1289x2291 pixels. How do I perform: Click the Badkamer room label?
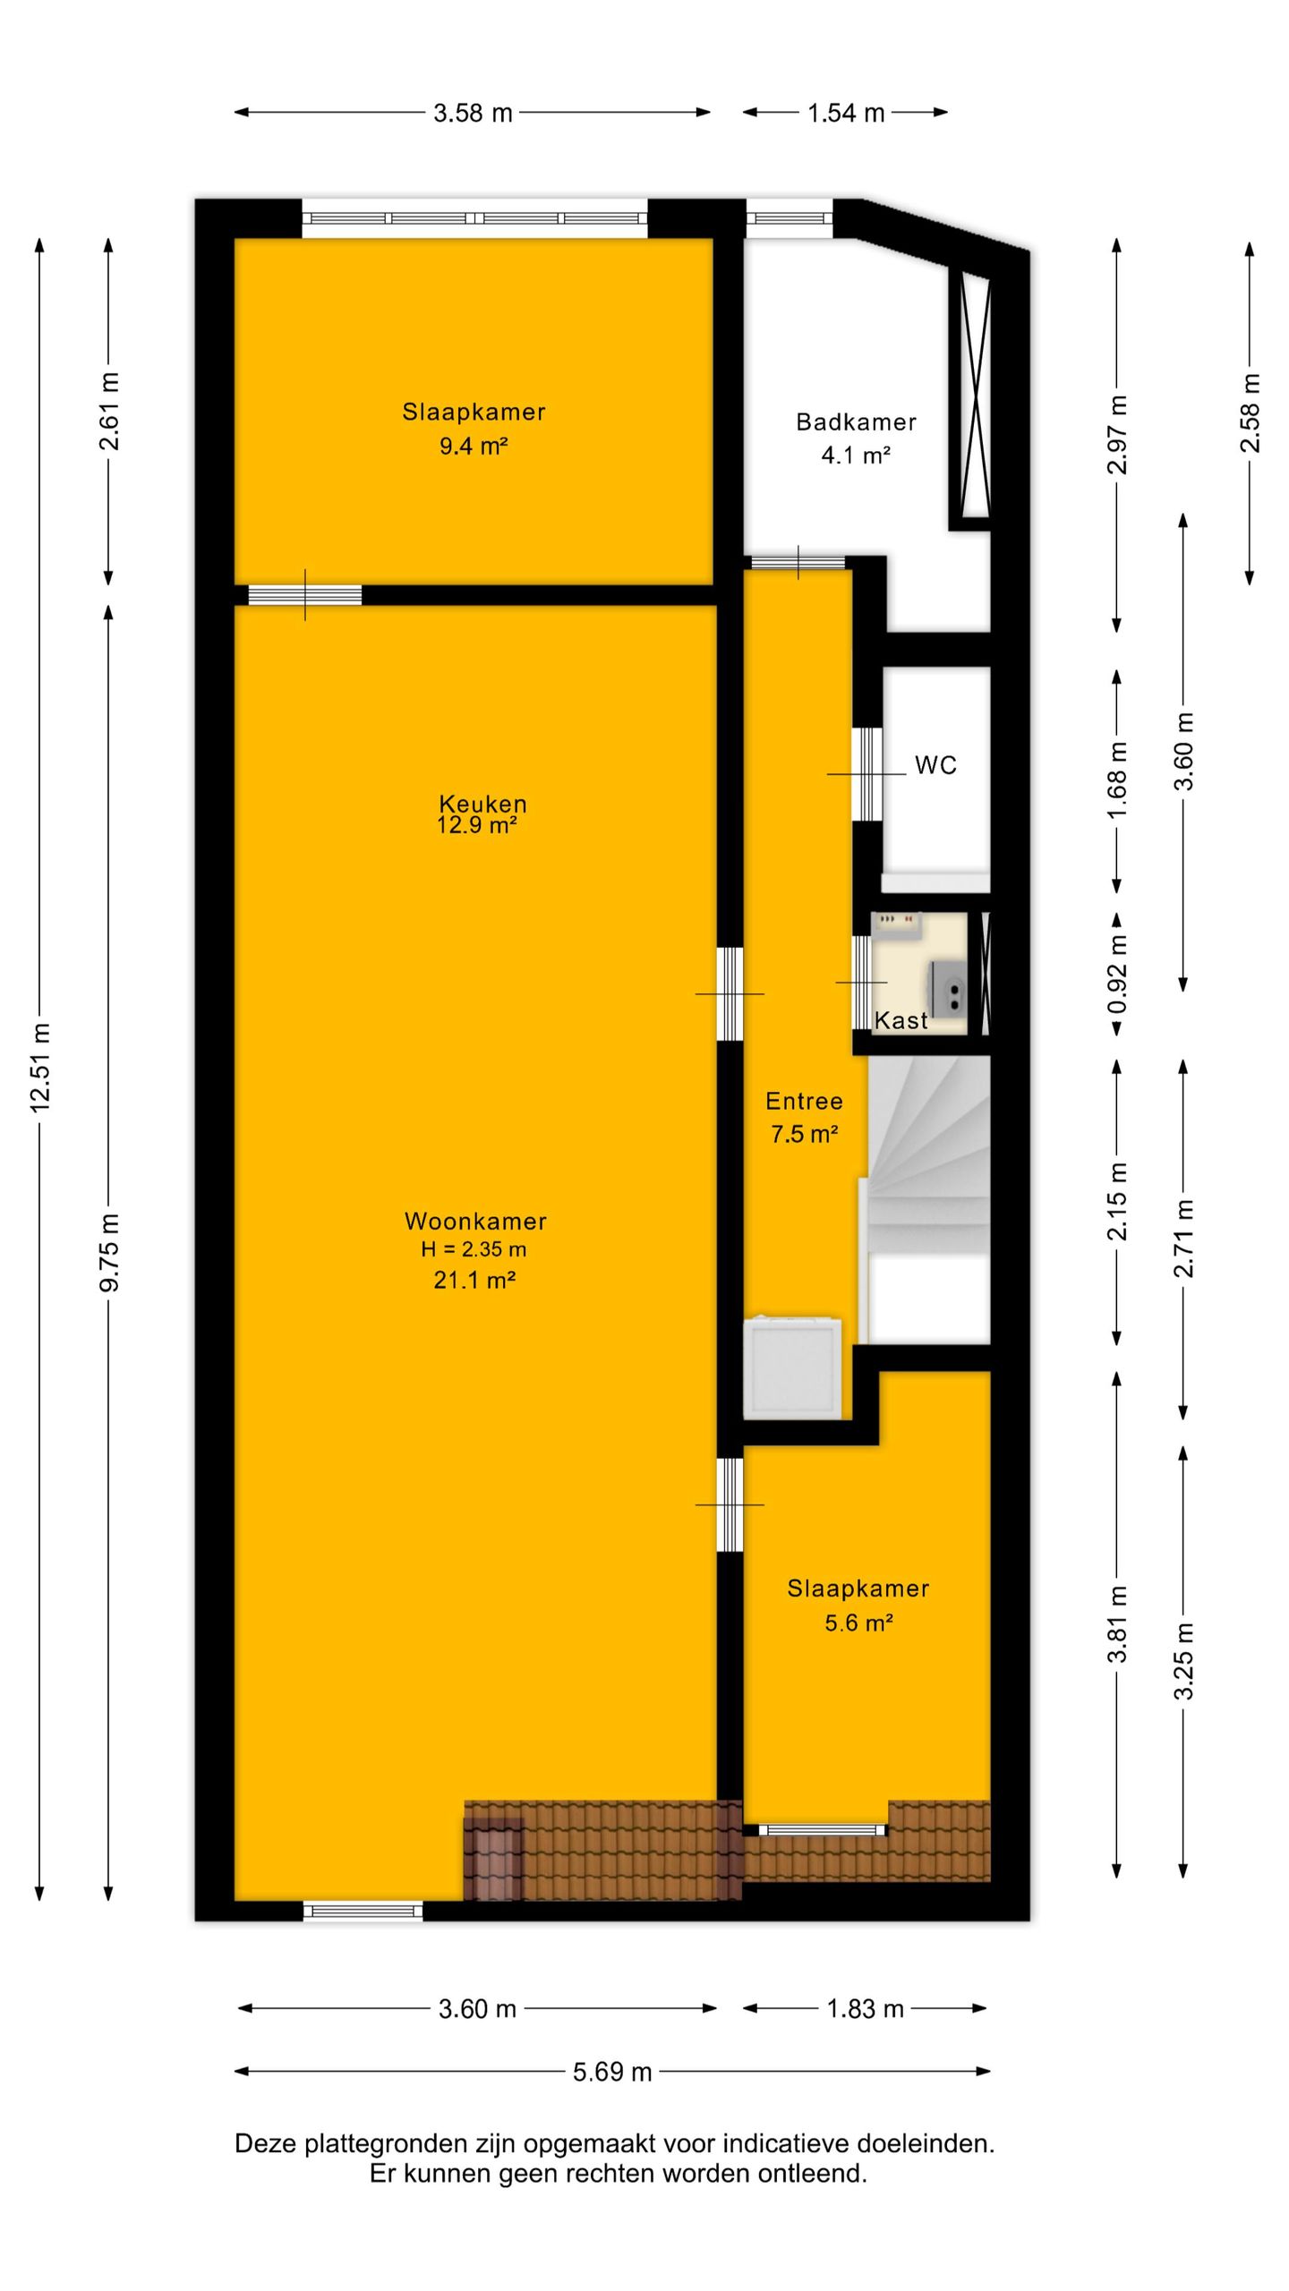tap(856, 422)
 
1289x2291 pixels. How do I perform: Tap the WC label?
tap(935, 765)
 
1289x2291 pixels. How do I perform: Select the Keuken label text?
tap(482, 803)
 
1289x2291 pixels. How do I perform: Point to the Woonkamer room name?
tap(475, 1221)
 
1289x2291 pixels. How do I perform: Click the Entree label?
tap(804, 1101)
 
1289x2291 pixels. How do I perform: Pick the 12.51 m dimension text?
tap(40, 1067)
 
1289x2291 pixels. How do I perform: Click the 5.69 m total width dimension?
tap(612, 2072)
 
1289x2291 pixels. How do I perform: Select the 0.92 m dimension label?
tap(1117, 974)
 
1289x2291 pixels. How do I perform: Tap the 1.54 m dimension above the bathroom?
tap(846, 113)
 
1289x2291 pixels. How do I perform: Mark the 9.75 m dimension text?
tap(109, 1253)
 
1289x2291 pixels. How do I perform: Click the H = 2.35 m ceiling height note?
tap(474, 1249)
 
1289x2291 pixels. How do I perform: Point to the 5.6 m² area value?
tap(859, 1622)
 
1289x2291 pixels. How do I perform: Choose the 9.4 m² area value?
tap(474, 446)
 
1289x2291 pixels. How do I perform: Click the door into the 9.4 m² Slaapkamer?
tap(305, 594)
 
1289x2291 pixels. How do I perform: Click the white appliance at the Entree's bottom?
tap(793, 1367)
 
